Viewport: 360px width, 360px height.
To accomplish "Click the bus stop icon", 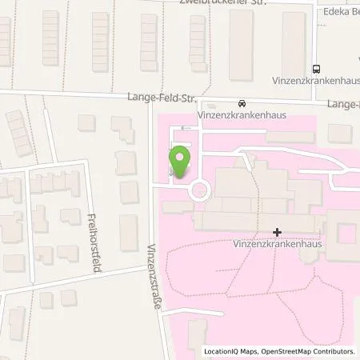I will coord(317,69).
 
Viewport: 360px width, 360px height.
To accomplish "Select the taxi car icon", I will coord(242,103).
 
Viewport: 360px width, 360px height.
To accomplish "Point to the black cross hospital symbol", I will coord(277,233).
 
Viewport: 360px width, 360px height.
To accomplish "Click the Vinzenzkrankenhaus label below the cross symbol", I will coord(277,245).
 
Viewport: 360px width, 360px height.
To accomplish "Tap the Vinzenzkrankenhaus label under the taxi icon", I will coord(242,115).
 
